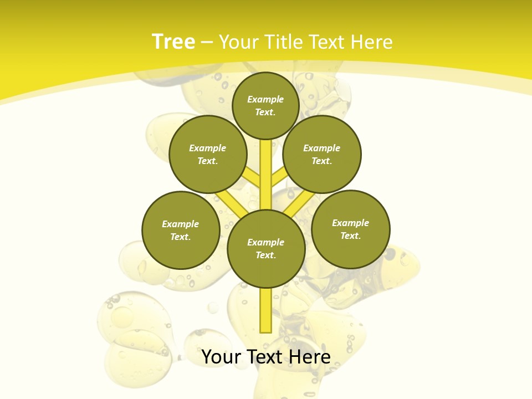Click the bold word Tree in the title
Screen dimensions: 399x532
point(173,42)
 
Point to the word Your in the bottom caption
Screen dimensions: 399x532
point(221,357)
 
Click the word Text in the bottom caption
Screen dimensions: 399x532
point(264,357)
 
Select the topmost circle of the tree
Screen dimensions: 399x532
point(265,105)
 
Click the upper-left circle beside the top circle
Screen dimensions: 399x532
point(208,154)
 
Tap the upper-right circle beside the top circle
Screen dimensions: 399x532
point(322,154)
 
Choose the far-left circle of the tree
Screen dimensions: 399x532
point(181,230)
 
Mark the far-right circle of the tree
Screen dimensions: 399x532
point(350,229)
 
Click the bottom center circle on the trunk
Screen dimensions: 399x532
point(266,248)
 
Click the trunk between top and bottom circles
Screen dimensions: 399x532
point(266,172)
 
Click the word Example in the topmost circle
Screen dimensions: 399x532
point(265,99)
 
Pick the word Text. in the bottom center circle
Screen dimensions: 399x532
point(265,255)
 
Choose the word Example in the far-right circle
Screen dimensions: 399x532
point(350,223)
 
